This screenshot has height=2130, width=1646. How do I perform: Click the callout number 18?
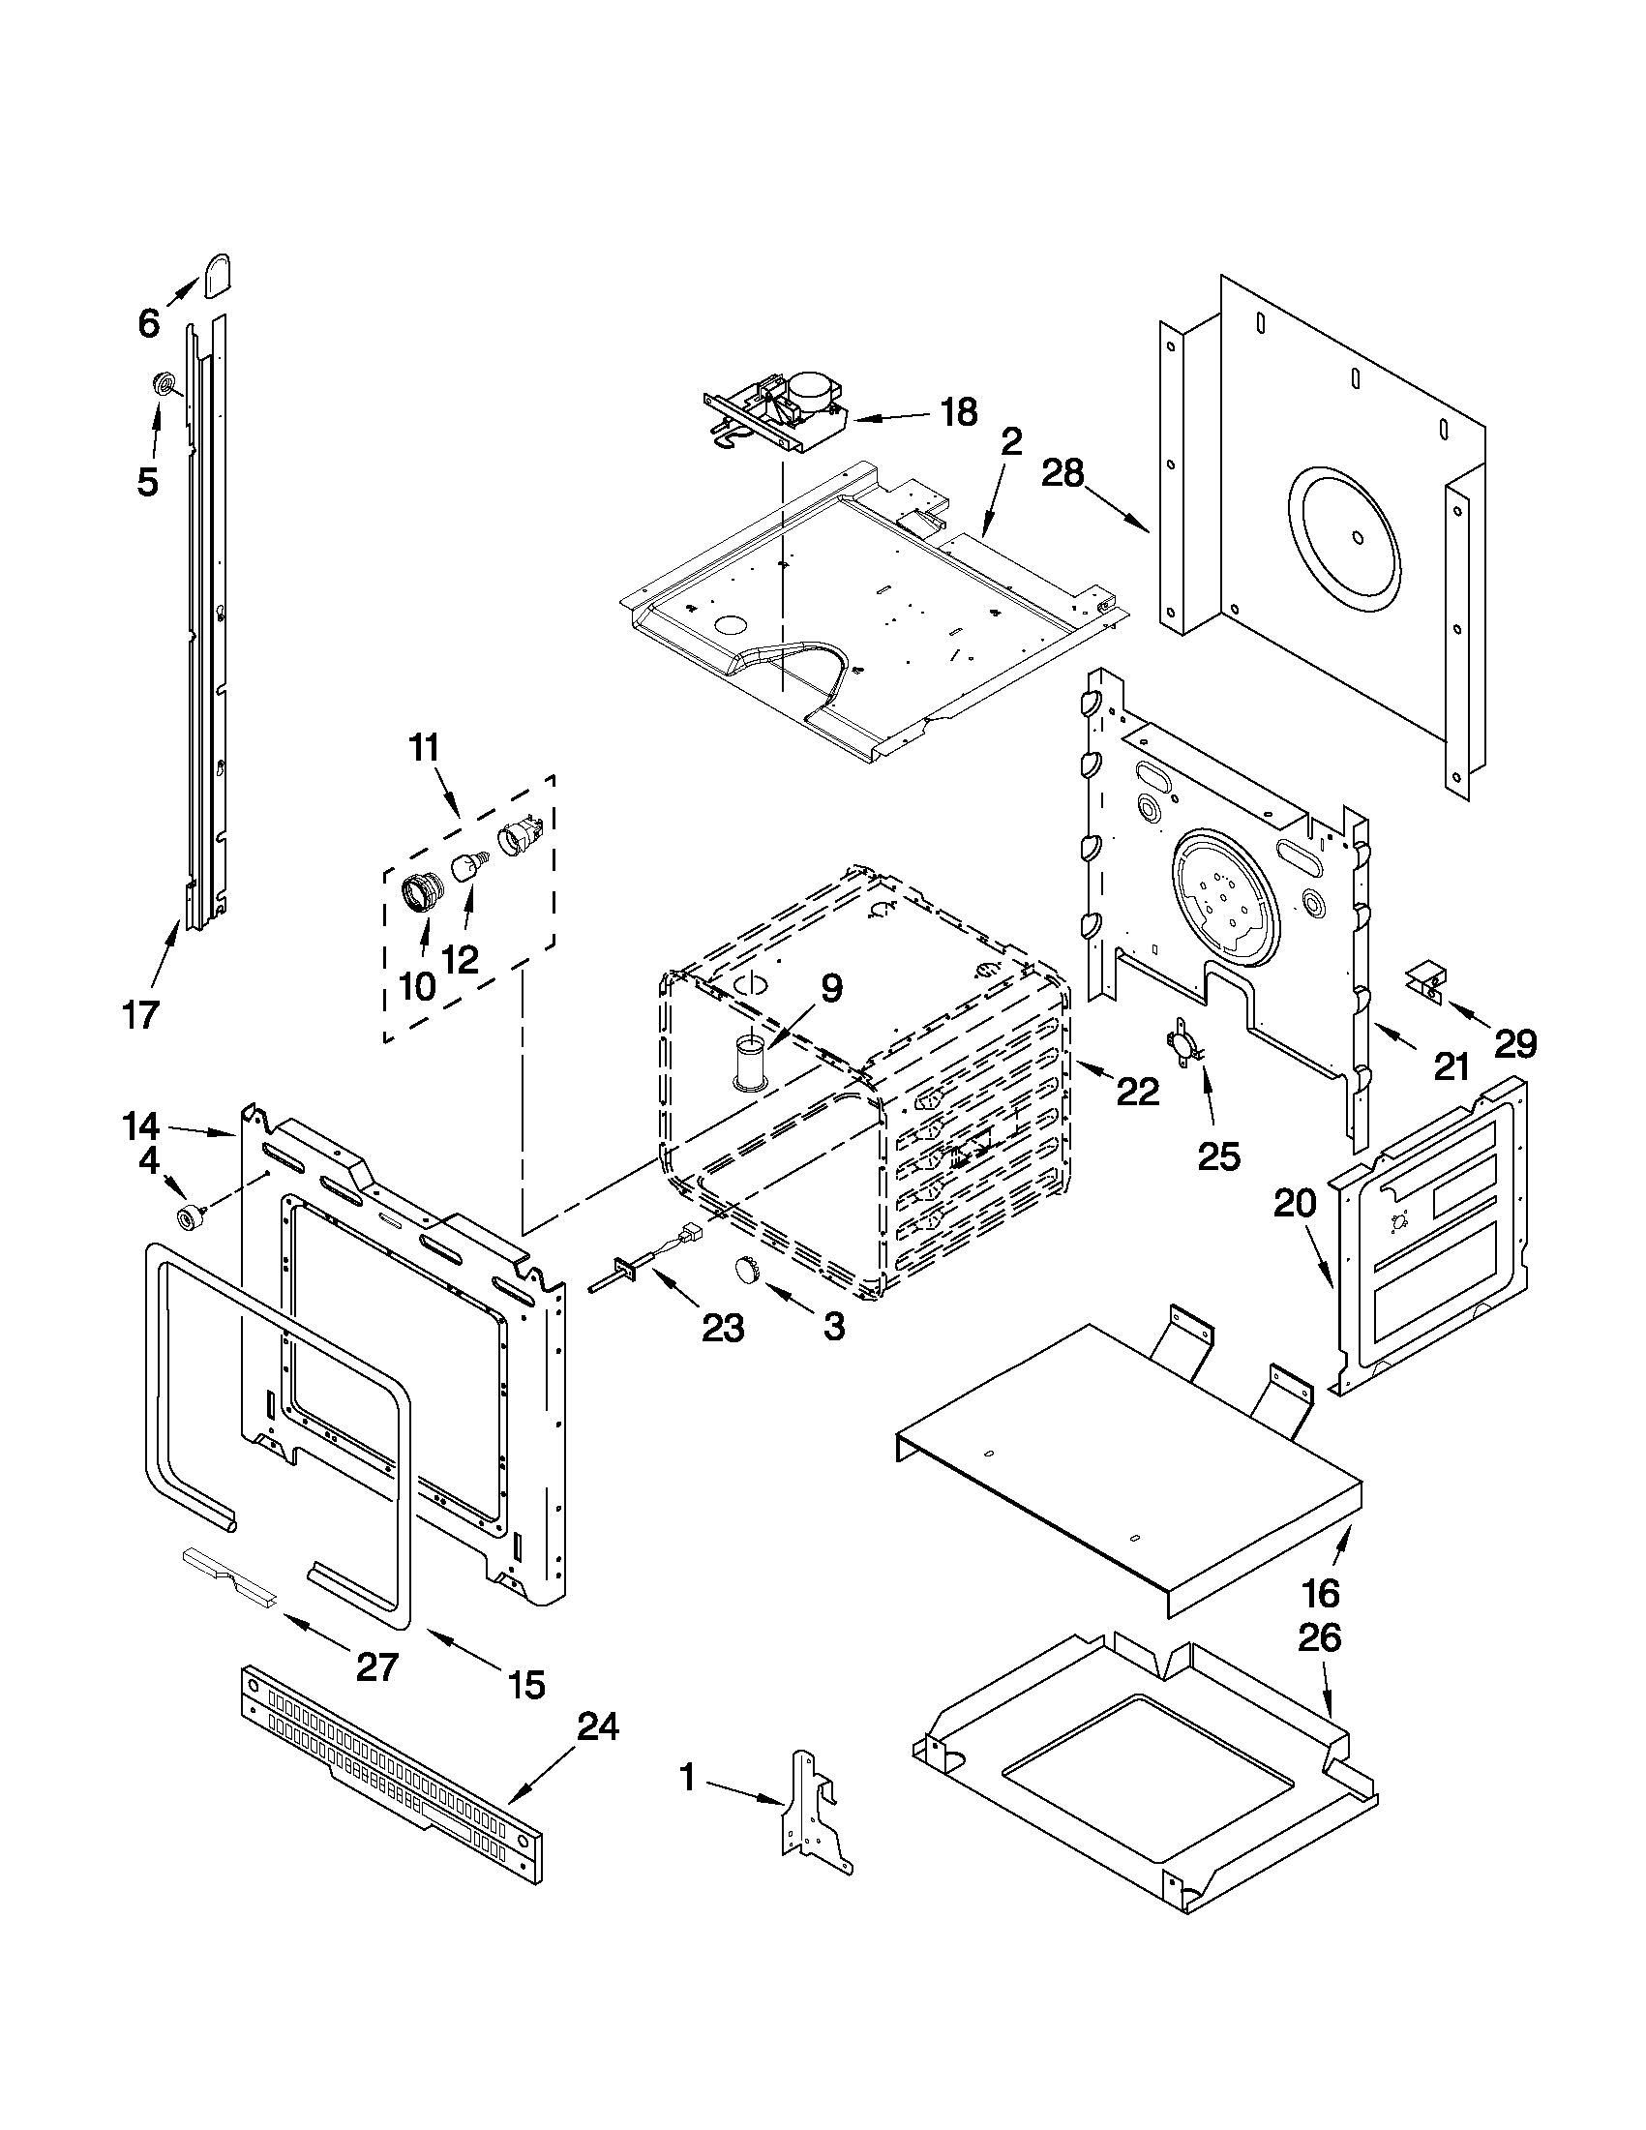[959, 412]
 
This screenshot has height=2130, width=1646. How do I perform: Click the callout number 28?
[1062, 474]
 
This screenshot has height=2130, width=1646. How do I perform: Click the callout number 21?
[1451, 1066]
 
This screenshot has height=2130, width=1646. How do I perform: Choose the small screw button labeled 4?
[187, 1217]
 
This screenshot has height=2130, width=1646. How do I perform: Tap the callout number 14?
[141, 1126]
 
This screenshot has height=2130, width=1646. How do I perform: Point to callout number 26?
[1318, 1636]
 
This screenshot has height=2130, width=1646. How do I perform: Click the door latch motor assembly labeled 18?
[780, 409]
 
